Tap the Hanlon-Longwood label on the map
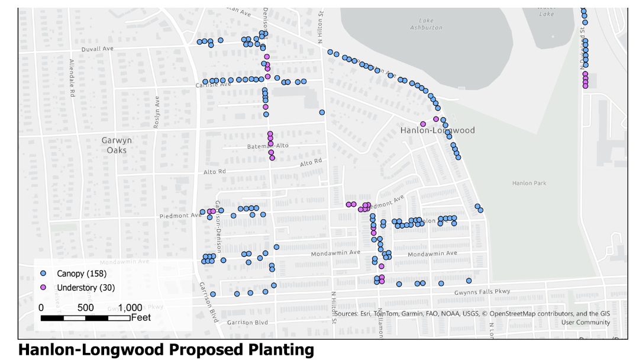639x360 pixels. pyautogui.click(x=437, y=130)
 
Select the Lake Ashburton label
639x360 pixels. pyautogui.click(x=426, y=24)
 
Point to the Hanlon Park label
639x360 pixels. pyautogui.click(x=529, y=184)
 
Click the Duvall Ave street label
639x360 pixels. pyautogui.click(x=98, y=49)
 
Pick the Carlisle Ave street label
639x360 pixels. pyautogui.click(x=214, y=85)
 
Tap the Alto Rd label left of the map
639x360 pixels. pyautogui.click(x=214, y=172)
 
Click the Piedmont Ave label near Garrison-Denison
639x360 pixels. pyautogui.click(x=180, y=216)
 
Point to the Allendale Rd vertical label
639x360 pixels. pyautogui.click(x=72, y=78)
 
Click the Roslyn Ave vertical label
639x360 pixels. pyautogui.click(x=157, y=112)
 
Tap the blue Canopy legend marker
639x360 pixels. pyautogui.click(x=43, y=274)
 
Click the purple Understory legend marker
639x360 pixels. pyautogui.click(x=43, y=288)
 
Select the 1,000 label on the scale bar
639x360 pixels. pyautogui.click(x=130, y=308)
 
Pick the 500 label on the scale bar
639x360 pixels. pyautogui.click(x=85, y=308)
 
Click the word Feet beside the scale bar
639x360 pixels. pyautogui.click(x=141, y=318)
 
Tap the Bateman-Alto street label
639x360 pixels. pyautogui.click(x=267, y=146)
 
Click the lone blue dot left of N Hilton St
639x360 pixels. pyautogui.click(x=322, y=112)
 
